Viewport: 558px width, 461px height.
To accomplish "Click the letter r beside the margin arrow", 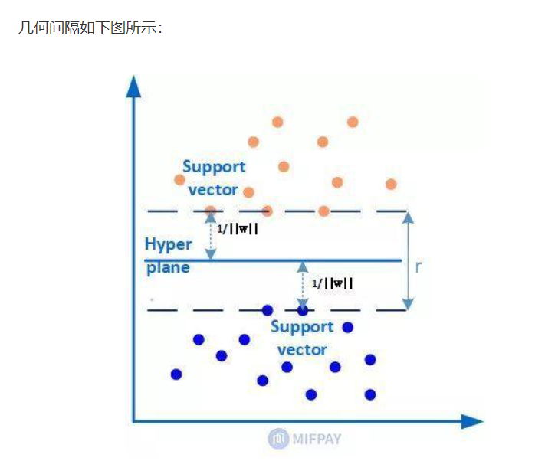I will [419, 267].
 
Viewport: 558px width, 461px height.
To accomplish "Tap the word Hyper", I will [168, 244].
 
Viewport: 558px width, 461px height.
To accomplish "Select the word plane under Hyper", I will [168, 268].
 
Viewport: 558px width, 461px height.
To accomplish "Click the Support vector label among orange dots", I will [214, 178].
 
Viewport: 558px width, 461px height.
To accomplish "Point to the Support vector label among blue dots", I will [302, 338].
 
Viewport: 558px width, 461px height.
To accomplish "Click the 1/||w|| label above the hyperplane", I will [237, 228].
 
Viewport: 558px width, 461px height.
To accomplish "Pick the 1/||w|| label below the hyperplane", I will [333, 283].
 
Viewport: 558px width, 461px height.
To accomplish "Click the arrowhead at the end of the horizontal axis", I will [472, 421].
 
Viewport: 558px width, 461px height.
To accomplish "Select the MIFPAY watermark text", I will [316, 439].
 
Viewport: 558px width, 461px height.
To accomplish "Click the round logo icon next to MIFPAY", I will [277, 439].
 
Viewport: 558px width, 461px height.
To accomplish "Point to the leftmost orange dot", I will [180, 179].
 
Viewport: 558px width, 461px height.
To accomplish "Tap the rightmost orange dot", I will [391, 184].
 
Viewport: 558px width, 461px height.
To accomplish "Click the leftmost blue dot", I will [176, 374].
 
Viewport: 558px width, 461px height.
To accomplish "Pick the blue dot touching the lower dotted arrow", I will [303, 310].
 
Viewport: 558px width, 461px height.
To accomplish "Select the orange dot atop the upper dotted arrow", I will [212, 211].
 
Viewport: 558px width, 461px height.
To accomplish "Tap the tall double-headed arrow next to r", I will [409, 260].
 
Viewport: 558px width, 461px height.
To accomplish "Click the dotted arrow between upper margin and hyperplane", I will [212, 236].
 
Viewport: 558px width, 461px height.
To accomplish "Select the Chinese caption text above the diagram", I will [90, 28].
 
